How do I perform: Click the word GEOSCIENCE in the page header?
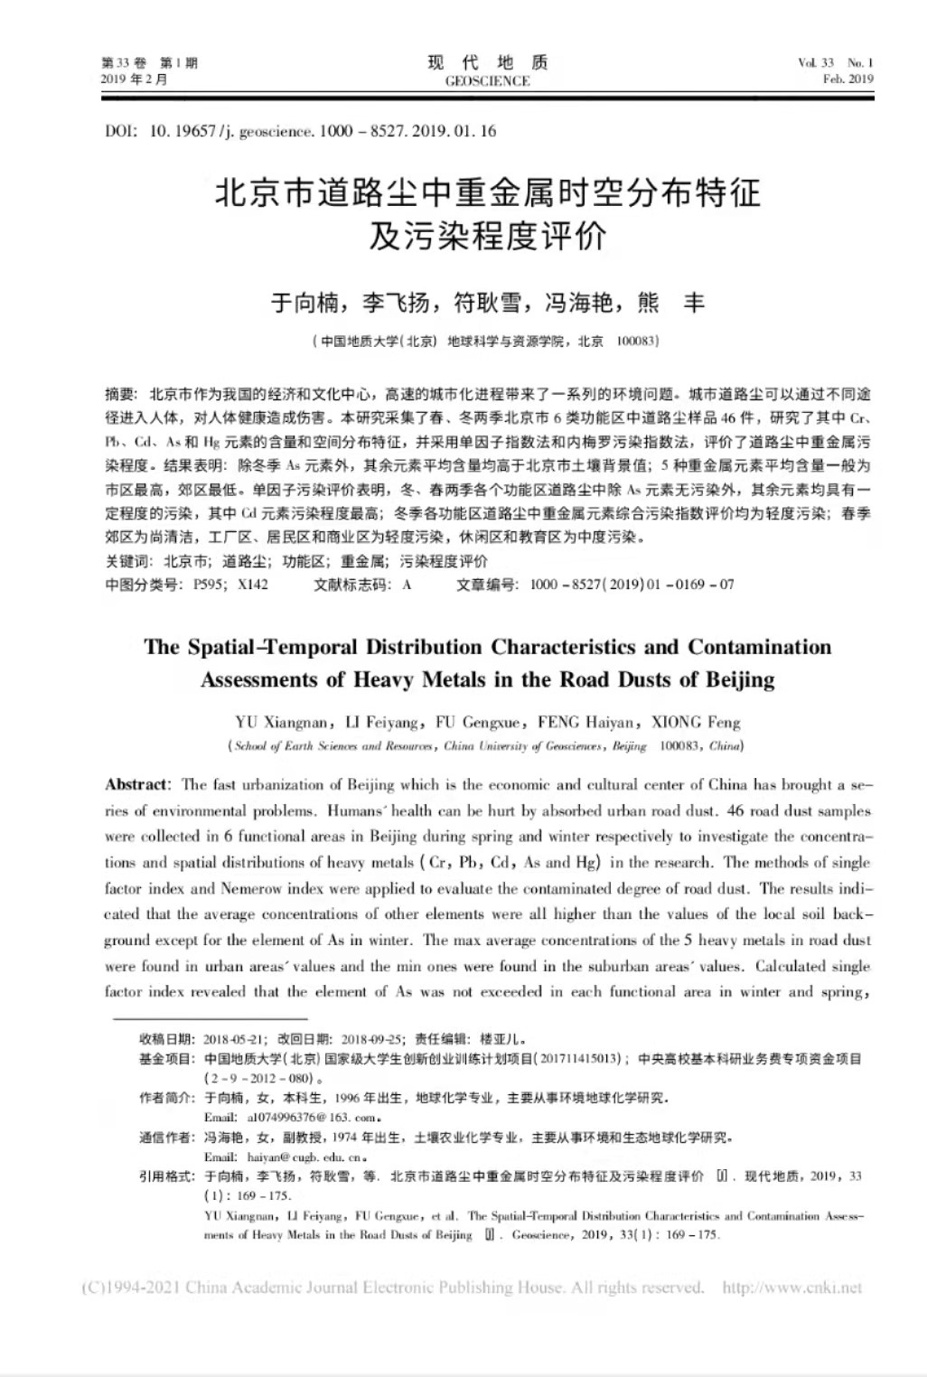pos(487,81)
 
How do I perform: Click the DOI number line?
pos(300,131)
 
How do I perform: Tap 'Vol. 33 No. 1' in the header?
pos(835,63)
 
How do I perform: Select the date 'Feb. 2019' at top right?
pos(847,80)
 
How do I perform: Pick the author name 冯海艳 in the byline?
pos(578,303)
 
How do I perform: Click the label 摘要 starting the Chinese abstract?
pos(120,394)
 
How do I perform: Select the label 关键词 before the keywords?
pos(127,561)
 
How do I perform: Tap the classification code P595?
pos(209,585)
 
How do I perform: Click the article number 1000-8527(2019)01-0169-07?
pos(632,585)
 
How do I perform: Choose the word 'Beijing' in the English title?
pos(737,679)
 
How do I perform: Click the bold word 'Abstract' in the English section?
pos(136,784)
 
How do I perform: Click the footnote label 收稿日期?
pos(166,1039)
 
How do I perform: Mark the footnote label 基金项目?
pos(166,1059)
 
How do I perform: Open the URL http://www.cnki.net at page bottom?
pos(791,1288)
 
